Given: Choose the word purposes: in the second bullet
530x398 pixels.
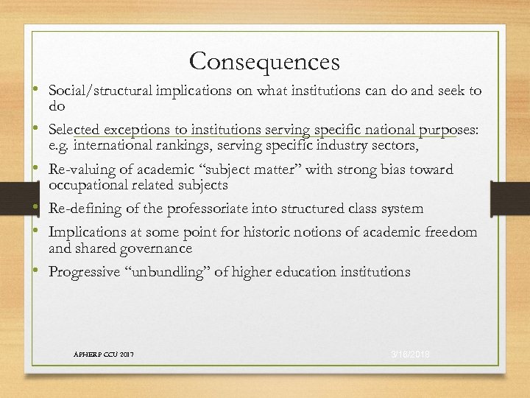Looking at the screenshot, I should [449, 130].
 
